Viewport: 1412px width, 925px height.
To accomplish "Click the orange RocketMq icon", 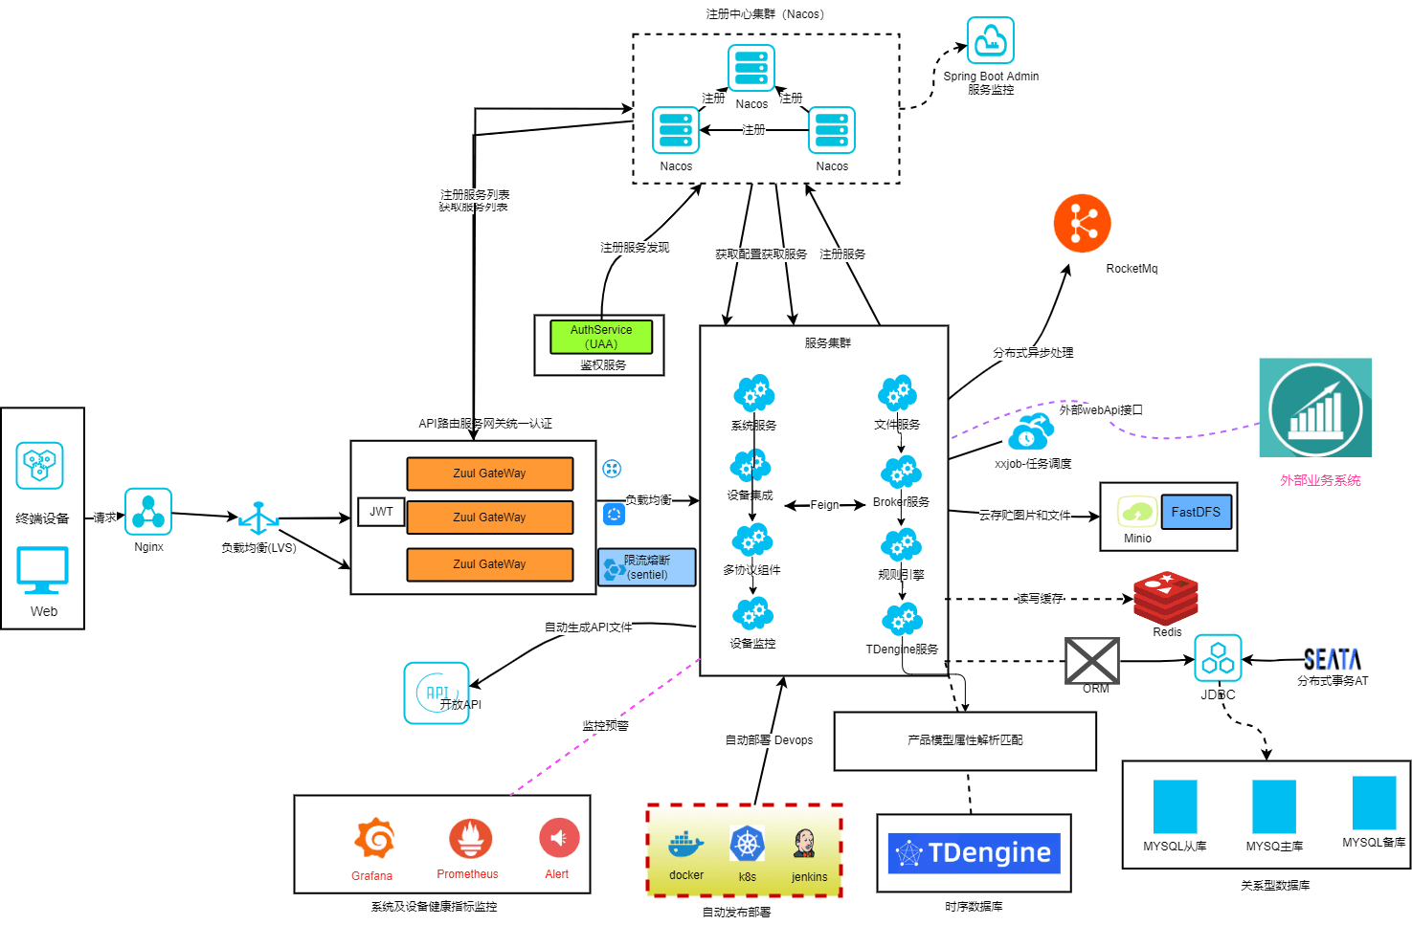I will pos(1082,224).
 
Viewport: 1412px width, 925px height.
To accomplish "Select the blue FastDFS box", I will pos(1196,512).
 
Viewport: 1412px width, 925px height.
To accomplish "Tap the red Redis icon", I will pos(1165,597).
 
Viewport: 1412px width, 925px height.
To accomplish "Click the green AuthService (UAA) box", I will pos(601,337).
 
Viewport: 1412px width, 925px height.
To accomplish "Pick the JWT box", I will pos(381,512).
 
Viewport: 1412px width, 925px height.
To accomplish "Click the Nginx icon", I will pos(148,512).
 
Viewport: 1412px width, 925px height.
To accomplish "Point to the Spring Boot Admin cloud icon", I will pos(990,40).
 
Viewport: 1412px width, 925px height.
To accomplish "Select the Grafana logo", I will pos(373,839).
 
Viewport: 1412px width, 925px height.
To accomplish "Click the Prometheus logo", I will pos(470,839).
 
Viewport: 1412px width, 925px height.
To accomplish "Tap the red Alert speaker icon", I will pos(559,839).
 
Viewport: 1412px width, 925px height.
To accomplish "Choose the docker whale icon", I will pos(685,845).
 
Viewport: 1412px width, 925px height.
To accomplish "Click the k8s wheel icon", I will pos(747,845).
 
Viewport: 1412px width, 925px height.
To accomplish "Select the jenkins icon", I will pos(805,844).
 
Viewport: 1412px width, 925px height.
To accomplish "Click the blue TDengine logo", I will pos(974,852).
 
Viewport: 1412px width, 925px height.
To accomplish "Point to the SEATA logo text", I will pos(1332,659).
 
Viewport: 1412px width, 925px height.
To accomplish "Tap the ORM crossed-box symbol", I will pos(1092,660).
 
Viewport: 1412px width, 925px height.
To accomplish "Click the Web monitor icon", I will pos(43,571).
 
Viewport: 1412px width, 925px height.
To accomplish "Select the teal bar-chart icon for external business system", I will pos(1315,408).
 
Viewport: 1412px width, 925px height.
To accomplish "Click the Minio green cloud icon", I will pos(1136,512).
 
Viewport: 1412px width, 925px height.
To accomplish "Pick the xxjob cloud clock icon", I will pos(1029,433).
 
